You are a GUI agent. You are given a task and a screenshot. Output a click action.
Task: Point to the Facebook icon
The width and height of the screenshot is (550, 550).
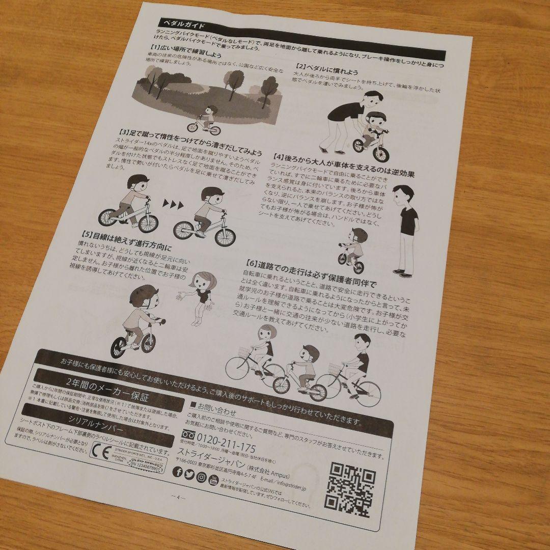(178, 472)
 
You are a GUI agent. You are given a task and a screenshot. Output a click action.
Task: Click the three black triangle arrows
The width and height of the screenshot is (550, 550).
(173, 205)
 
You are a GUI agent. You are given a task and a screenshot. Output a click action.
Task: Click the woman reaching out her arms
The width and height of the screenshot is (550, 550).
(200, 297)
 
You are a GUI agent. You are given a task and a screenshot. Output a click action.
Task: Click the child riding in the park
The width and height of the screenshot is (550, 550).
(204, 120)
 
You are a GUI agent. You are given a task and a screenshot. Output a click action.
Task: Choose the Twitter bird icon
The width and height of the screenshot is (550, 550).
(189, 474)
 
